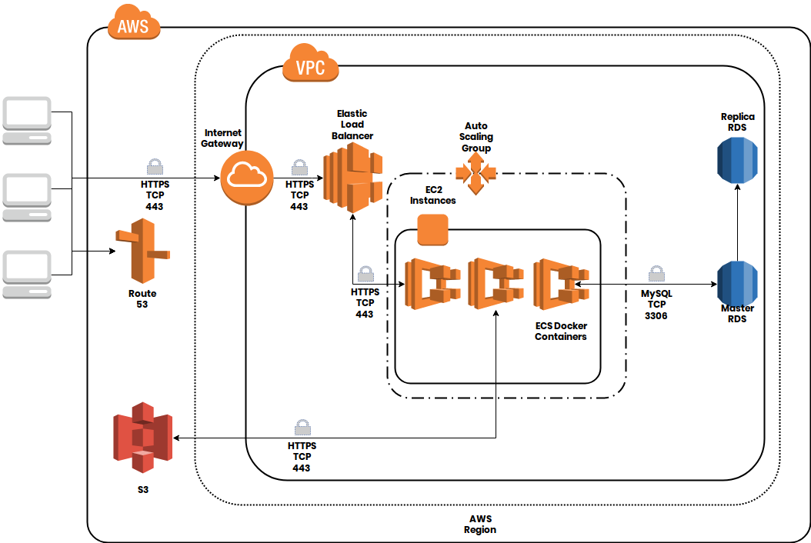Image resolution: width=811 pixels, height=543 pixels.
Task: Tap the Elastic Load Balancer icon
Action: click(352, 180)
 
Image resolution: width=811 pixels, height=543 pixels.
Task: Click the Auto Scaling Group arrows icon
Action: click(476, 173)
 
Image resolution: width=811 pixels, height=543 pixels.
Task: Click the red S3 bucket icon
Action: click(142, 437)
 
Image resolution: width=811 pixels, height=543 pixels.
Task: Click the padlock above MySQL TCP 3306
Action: click(656, 275)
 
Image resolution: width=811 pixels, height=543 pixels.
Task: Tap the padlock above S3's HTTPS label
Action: click(302, 428)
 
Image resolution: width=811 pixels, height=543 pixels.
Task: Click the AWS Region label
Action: click(480, 524)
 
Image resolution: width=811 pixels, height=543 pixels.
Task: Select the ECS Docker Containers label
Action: click(561, 331)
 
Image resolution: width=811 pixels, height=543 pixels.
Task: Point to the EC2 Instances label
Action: click(432, 195)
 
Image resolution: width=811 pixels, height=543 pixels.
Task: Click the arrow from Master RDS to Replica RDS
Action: click(737, 223)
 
